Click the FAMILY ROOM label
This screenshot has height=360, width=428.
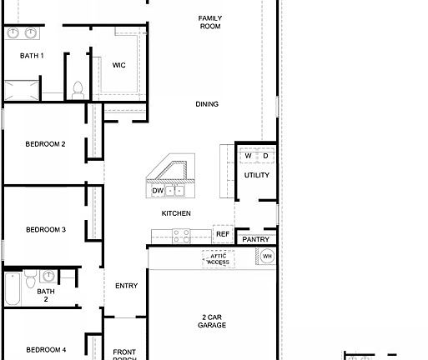pos(209,22)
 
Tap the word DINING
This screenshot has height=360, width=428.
pos(207,104)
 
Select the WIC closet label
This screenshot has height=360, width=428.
pos(118,65)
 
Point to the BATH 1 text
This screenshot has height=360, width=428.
pos(32,56)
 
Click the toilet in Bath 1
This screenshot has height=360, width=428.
pos(78,87)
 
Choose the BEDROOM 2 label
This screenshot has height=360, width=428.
pos(45,144)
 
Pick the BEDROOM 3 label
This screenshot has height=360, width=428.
pos(45,229)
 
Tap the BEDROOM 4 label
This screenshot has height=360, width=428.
pos(45,349)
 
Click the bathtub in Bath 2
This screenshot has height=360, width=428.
pos(12,290)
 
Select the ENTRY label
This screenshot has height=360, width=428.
pos(126,286)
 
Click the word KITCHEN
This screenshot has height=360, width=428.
pos(176,213)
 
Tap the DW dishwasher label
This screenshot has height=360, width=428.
pos(158,191)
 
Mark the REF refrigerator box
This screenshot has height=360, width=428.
pos(223,234)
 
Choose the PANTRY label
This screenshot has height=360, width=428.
pos(255,239)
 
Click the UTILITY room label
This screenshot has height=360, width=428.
pos(256,175)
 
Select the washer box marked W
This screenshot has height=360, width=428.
pos(248,156)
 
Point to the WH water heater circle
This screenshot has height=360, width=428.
pos(267,257)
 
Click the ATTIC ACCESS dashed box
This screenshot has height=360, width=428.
pos(218,258)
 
